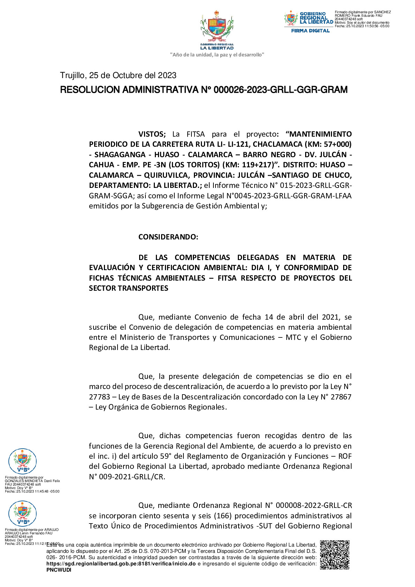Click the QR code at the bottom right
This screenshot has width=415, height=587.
334,555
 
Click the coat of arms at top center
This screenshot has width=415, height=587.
217,28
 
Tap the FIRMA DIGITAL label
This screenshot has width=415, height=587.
310,31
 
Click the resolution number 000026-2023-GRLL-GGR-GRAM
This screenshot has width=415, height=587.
280,90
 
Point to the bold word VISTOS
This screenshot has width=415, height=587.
152,134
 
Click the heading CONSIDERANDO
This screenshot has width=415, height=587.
168,237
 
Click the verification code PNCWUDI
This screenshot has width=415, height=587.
59,570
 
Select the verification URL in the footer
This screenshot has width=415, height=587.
121,564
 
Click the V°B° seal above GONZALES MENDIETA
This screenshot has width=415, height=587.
22,462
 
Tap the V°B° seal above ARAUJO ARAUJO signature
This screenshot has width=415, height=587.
22,513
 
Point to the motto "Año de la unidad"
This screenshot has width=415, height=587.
217,55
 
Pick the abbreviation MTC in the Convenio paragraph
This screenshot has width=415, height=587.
293,337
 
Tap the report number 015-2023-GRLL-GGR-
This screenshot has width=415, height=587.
316,185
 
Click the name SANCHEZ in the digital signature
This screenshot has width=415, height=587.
383,12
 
